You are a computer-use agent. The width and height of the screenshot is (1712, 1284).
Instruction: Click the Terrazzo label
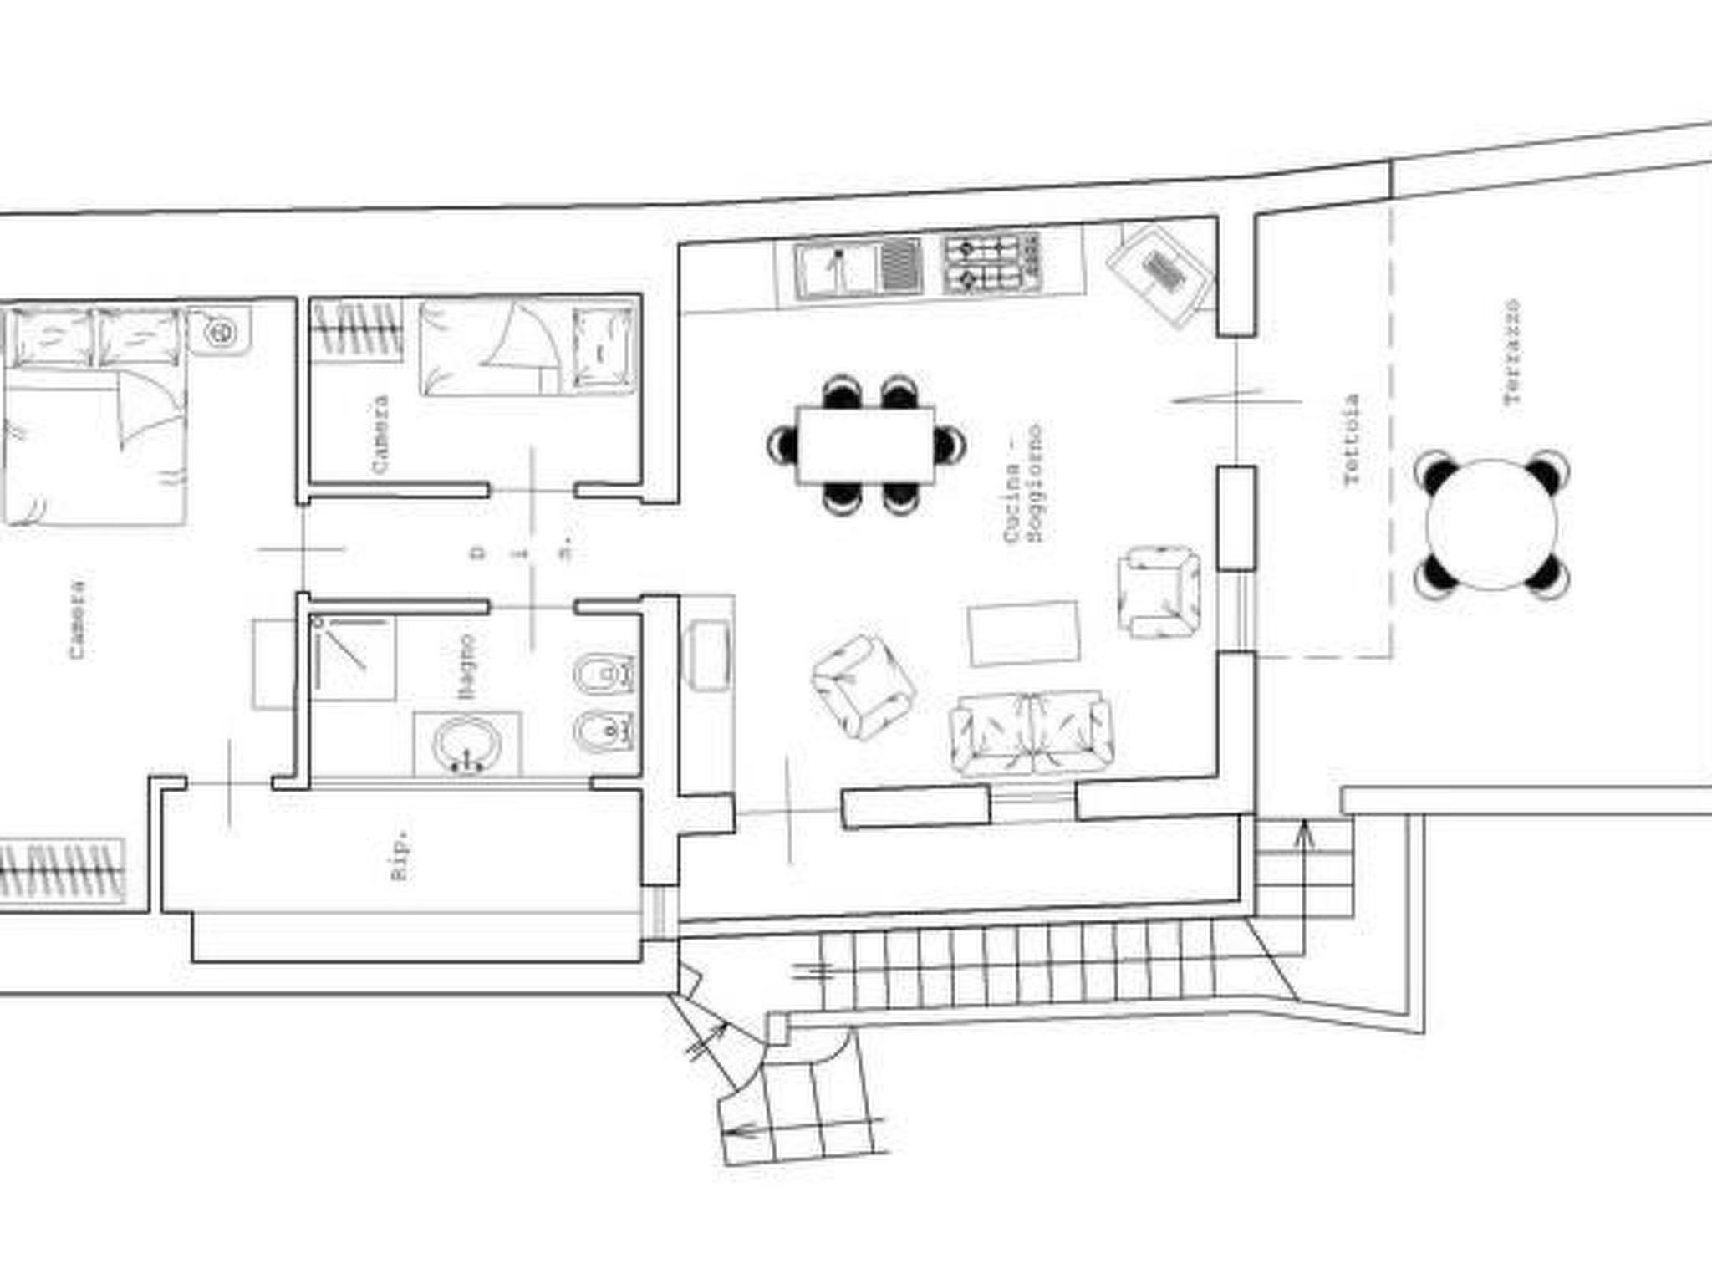point(1511,352)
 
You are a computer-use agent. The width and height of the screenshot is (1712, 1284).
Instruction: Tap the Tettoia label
point(1351,440)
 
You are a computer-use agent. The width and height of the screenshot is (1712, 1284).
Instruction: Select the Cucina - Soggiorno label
point(1023,483)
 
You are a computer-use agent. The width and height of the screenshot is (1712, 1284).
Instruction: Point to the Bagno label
point(466,666)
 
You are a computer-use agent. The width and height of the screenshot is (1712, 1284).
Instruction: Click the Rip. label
point(401,854)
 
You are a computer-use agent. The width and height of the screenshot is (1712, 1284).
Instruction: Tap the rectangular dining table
point(865,445)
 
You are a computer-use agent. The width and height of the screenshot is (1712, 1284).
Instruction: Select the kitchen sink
point(836,268)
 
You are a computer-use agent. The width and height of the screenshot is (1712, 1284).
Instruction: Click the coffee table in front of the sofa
point(1023,634)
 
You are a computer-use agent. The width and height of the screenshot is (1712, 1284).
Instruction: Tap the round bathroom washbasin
point(466,743)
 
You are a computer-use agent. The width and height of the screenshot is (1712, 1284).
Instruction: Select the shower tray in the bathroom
point(352,659)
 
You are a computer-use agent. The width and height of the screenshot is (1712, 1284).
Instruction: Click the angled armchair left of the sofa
point(864,687)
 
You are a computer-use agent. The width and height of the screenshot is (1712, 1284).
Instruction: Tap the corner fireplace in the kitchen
point(1160,273)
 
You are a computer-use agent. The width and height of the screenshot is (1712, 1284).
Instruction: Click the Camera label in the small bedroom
point(380,435)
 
